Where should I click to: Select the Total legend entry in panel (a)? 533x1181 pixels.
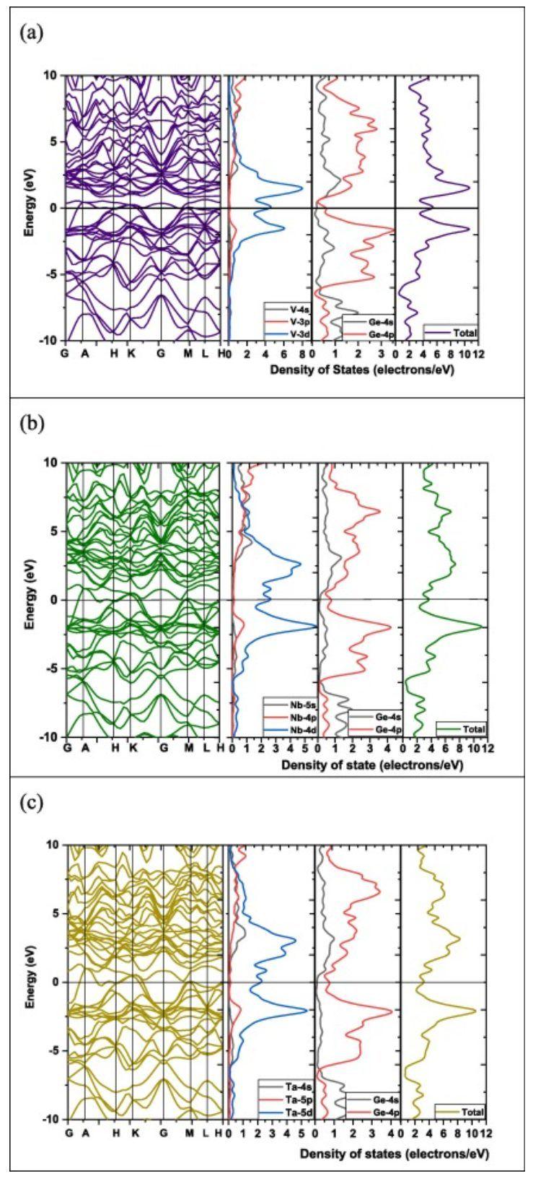457,333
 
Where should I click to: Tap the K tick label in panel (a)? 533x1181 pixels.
131,354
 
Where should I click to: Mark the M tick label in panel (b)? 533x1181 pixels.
189,749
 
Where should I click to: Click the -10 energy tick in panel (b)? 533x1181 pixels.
51,736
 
